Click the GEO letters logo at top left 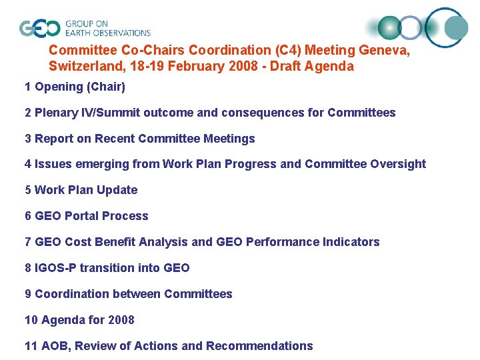point(40,28)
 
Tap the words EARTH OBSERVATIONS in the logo point(107,33)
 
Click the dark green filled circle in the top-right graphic point(390,27)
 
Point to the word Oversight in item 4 point(397,164)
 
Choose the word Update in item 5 point(117,190)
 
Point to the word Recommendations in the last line point(259,346)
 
